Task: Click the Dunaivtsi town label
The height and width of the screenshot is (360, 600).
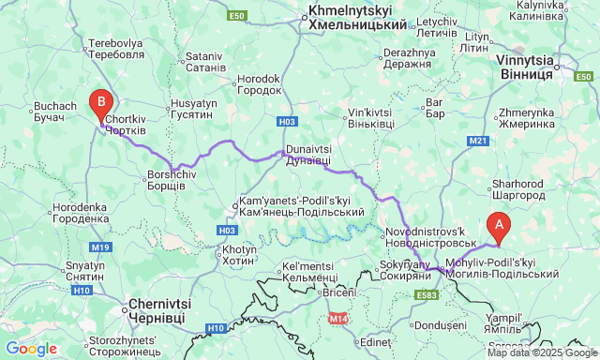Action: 308,155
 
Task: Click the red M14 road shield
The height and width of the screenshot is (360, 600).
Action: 339,319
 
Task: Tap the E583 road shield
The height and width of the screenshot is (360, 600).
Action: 427,295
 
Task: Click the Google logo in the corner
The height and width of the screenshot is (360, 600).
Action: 30,349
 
